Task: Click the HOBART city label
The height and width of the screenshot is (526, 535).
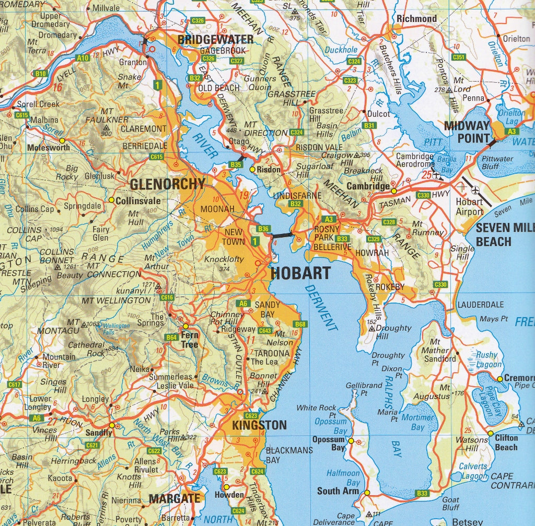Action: click(x=300, y=273)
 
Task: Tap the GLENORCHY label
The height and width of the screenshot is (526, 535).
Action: click(x=167, y=184)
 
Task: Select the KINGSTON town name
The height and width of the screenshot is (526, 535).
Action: click(x=260, y=424)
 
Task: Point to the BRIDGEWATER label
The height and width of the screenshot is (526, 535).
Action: click(x=215, y=40)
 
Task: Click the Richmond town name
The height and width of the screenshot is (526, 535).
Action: click(x=416, y=19)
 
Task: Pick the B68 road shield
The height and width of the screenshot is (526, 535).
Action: click(x=300, y=324)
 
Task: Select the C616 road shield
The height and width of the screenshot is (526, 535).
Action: click(x=167, y=297)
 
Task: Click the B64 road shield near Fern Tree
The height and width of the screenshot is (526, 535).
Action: click(x=172, y=338)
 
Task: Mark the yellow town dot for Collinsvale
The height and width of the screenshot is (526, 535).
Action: click(x=111, y=200)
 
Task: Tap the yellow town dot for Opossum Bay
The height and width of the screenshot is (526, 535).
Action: click(x=351, y=441)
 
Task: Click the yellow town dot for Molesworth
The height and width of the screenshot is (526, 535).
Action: click(x=62, y=140)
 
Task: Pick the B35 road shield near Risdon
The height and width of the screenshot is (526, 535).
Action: click(x=236, y=164)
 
